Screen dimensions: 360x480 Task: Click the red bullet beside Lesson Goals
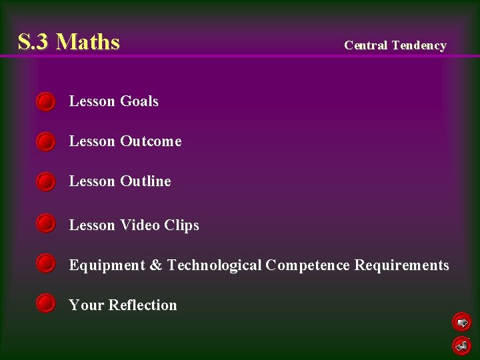[45, 101]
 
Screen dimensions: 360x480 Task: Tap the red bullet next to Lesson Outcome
[45, 141]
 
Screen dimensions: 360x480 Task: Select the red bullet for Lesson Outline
[45, 181]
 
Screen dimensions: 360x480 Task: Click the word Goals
[139, 101]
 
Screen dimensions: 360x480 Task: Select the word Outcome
[151, 141]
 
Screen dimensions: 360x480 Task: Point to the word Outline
[145, 181]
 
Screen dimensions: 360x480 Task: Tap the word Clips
[181, 225]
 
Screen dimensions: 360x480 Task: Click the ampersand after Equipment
[156, 265]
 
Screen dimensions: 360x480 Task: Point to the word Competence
[307, 265]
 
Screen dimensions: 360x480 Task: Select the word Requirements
[401, 265]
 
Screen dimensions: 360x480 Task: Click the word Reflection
[143, 305]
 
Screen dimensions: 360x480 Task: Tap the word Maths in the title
[88, 42]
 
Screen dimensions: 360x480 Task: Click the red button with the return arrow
[461, 345]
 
